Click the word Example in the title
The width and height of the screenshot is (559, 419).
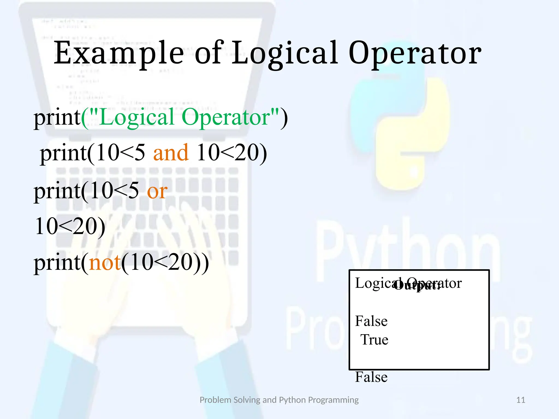[x=119, y=53]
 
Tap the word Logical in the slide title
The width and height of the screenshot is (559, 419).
[x=285, y=53]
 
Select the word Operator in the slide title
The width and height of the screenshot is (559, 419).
[x=415, y=53]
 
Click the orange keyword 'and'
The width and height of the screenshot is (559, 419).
[x=171, y=153]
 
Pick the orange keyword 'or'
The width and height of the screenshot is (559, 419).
[x=157, y=191]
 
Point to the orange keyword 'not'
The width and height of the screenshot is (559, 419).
[x=105, y=262]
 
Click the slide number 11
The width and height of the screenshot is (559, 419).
[x=521, y=400]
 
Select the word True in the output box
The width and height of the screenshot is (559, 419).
[x=374, y=340]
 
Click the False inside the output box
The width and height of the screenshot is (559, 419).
[x=371, y=321]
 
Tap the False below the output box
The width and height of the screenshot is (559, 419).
[x=371, y=377]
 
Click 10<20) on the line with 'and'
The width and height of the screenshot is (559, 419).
[x=231, y=153]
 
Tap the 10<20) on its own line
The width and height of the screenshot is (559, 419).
[x=70, y=226]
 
